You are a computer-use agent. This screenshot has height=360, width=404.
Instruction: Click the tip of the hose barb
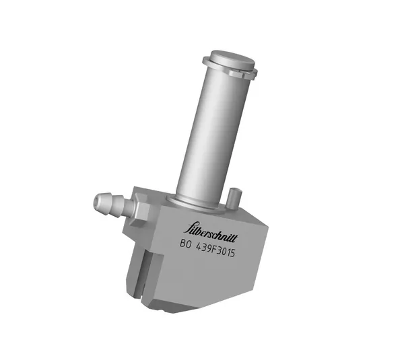pos(94,201)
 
